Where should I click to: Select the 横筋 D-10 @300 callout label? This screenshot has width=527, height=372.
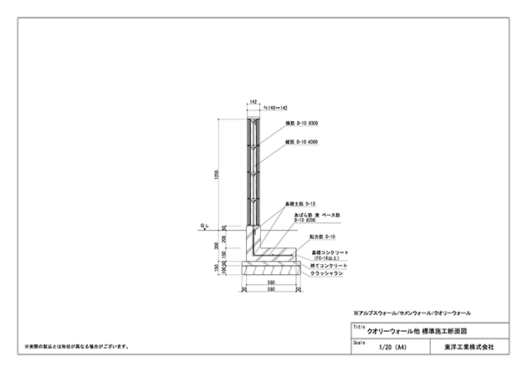pyautogui.click(x=300, y=124)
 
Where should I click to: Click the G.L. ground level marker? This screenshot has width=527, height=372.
pyautogui.click(x=204, y=225)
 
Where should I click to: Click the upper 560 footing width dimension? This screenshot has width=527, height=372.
pyautogui.click(x=272, y=283)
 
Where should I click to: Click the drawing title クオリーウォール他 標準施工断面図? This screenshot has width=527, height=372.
pyautogui.click(x=419, y=331)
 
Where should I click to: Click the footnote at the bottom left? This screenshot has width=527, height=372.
pyautogui.click(x=80, y=345)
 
